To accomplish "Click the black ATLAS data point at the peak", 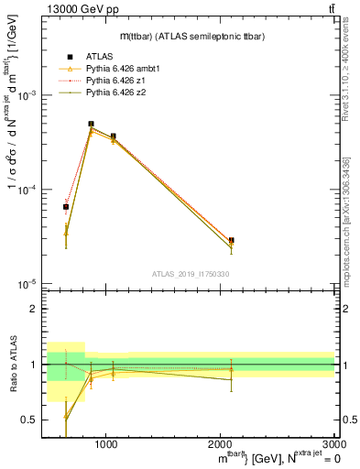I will point(91,124).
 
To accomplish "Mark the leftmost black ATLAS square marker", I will point(66,207).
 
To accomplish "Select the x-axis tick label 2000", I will point(221,443).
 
